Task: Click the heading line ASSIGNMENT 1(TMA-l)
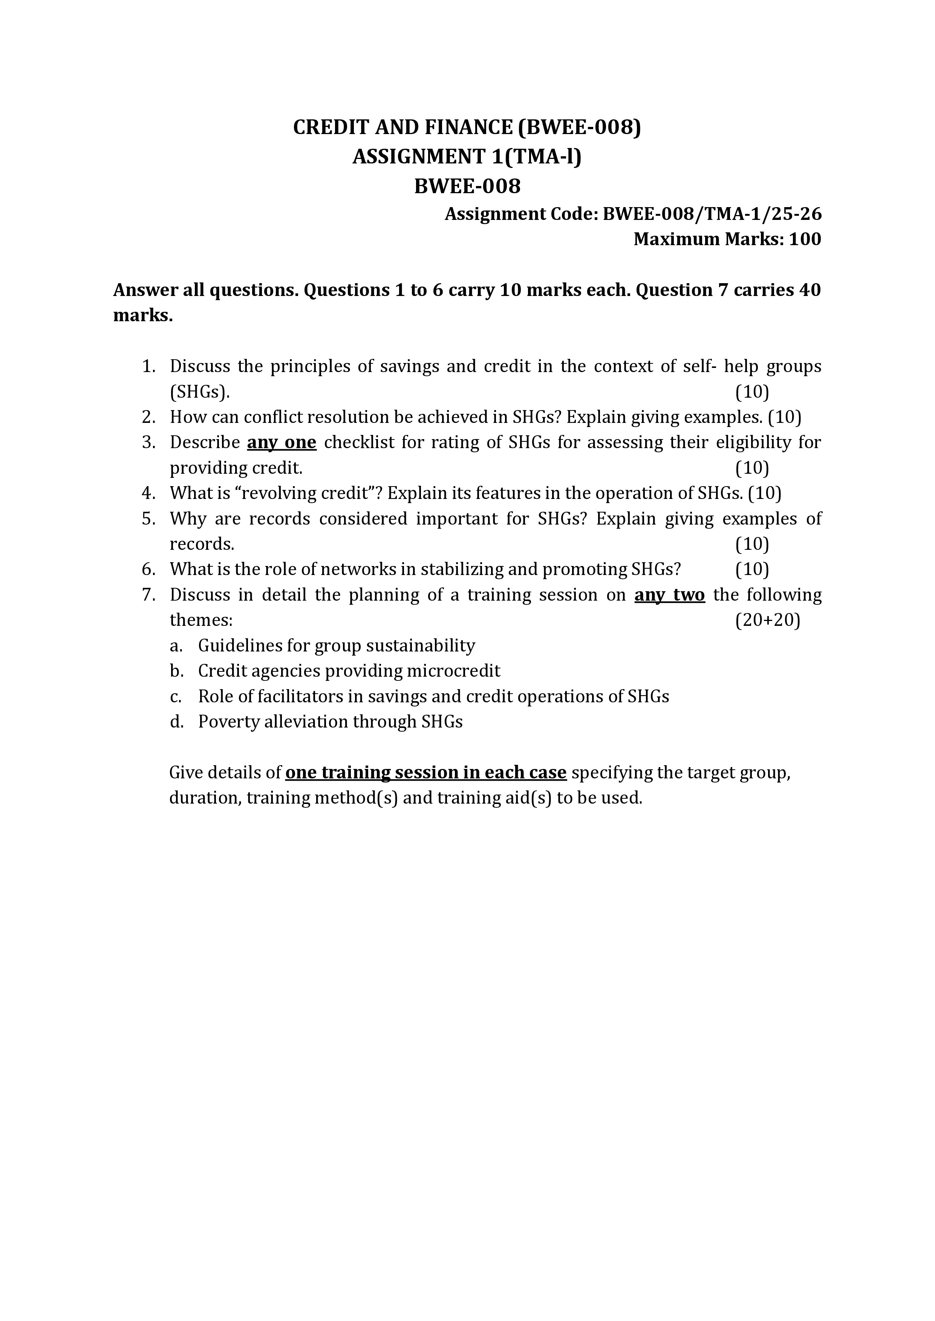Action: coord(467,157)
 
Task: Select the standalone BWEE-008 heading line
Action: coord(467,186)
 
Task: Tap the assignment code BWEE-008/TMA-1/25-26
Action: coord(712,214)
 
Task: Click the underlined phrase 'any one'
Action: coord(282,442)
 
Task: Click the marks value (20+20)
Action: coord(767,620)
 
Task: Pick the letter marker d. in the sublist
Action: coord(176,722)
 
